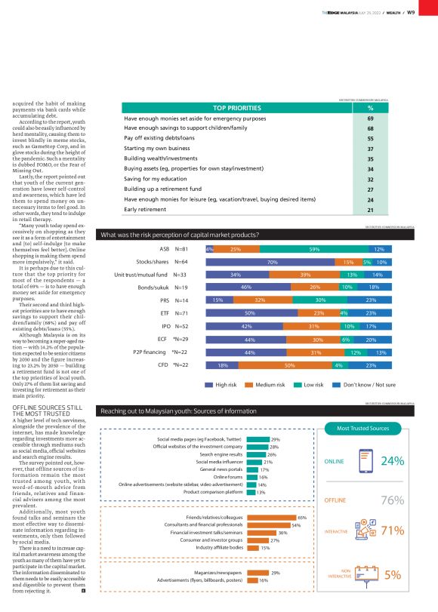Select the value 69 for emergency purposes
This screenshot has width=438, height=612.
371,118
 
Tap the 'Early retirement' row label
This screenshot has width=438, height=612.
156,208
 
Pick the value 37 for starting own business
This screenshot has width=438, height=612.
371,149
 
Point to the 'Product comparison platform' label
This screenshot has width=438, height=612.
208,492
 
